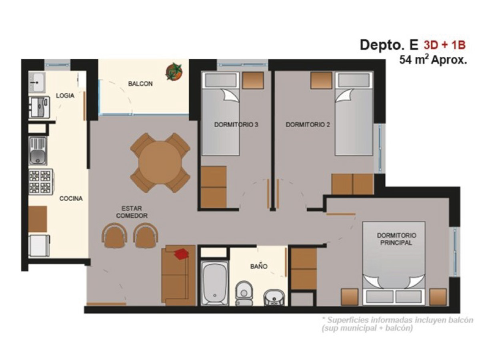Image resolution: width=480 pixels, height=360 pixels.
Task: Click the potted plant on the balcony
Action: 174,71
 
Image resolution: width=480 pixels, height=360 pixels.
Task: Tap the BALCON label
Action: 140,84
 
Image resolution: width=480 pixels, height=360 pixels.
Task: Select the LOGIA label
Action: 65,96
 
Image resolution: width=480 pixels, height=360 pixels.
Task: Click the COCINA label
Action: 71,198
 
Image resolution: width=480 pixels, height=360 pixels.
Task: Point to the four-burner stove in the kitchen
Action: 41,182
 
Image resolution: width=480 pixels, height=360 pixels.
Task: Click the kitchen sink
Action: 38,151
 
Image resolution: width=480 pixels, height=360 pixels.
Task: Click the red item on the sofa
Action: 181,254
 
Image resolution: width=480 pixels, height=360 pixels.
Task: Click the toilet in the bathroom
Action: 244,293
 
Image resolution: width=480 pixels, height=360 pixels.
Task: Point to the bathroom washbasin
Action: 274,298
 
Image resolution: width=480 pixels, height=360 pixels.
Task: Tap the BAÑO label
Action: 259,266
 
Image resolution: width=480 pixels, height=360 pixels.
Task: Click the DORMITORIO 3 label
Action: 236,125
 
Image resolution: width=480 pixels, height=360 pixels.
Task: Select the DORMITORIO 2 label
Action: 308,125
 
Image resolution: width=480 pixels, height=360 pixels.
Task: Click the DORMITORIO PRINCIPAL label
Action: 396,239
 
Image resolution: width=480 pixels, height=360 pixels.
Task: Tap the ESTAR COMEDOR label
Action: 132,212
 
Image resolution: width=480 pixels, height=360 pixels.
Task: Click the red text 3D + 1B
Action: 444,45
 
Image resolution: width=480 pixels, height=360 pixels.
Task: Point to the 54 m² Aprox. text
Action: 433,60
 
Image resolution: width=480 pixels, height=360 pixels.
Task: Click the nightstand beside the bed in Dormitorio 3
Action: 253,80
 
